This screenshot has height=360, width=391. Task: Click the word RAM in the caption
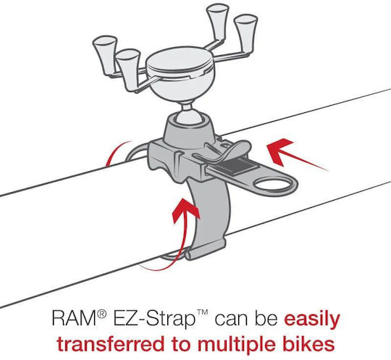(x=75, y=317)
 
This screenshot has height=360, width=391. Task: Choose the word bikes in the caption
(x=311, y=344)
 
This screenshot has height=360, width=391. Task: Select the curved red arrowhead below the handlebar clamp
(x=186, y=209)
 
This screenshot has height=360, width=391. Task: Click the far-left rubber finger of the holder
(x=105, y=54)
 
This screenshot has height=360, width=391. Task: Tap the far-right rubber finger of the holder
(x=246, y=33)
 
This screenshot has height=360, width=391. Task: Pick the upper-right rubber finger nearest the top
(x=218, y=21)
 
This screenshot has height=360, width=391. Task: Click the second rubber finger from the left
(x=128, y=70)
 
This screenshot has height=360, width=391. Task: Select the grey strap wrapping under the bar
(x=213, y=214)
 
